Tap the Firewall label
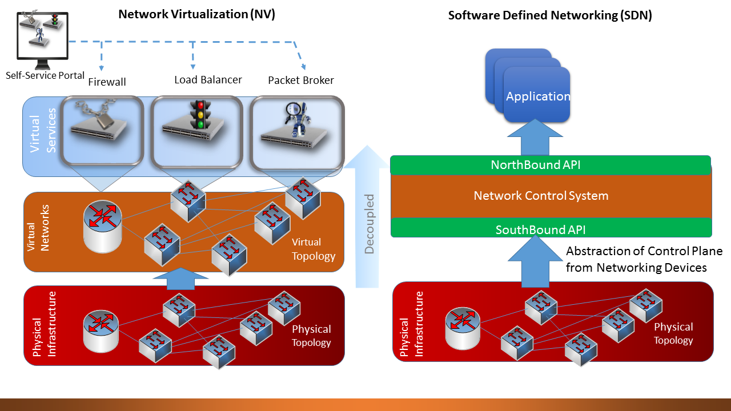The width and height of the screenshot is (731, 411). (x=107, y=82)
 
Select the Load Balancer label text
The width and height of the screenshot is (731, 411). (x=208, y=80)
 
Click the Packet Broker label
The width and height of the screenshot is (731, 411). (x=301, y=80)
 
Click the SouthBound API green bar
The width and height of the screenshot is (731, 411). (x=540, y=230)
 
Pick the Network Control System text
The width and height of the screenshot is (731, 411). (x=541, y=196)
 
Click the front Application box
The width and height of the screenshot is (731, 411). (x=537, y=95)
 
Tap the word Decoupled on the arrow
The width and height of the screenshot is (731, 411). (x=369, y=224)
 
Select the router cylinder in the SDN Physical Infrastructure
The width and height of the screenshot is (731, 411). (x=463, y=329)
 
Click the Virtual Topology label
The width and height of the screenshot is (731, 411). (x=314, y=249)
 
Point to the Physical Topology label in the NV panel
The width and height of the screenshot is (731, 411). (x=311, y=336)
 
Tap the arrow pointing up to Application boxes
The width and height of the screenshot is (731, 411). (x=535, y=137)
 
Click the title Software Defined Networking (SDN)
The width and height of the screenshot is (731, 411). (x=549, y=15)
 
